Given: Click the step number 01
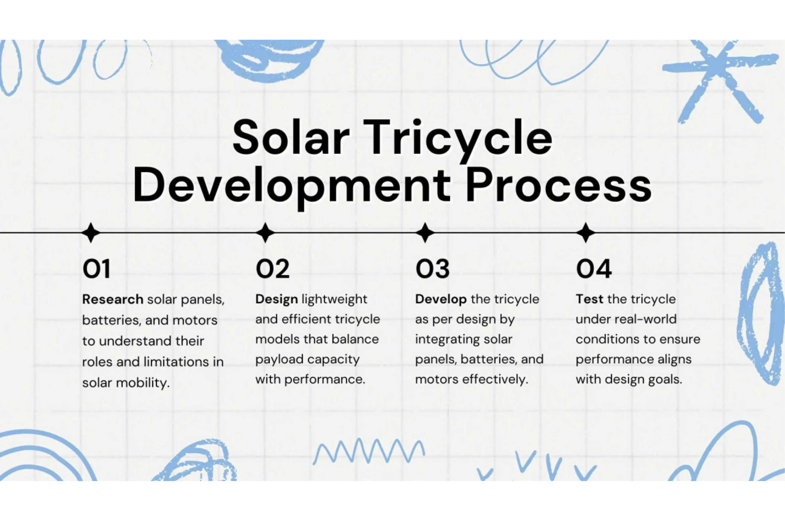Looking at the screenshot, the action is (96, 269).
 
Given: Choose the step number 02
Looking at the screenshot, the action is (272, 269).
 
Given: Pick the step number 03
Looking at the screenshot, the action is (432, 269).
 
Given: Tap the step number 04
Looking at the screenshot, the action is (594, 269).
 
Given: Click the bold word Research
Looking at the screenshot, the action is (113, 299).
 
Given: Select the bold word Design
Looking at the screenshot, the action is (276, 300).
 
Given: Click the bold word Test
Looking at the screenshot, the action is (589, 299).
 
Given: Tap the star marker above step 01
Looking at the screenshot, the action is (91, 232).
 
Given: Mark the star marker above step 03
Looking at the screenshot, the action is (425, 232).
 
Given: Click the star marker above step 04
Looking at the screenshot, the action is (585, 232).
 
